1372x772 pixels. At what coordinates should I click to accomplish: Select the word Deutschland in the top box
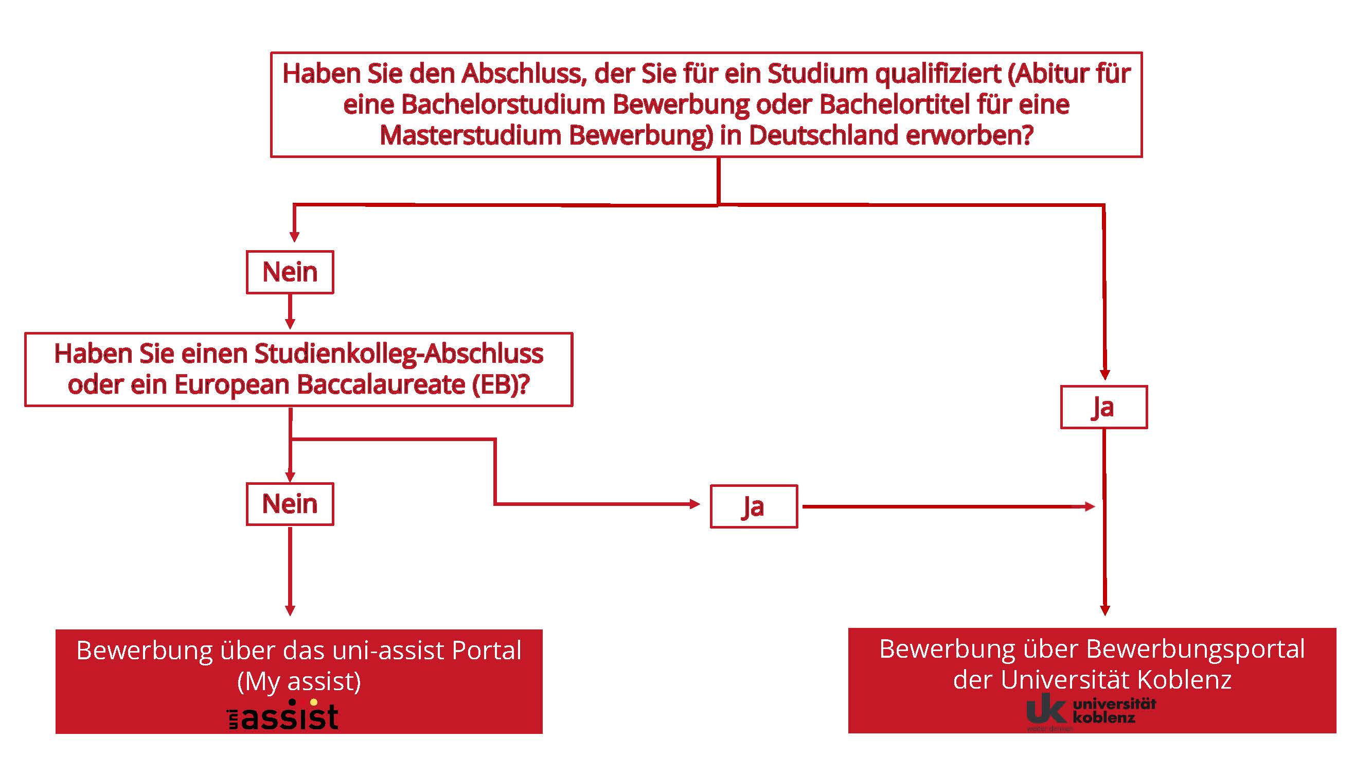pyautogui.click(x=824, y=135)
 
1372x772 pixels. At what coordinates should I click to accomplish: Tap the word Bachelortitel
pyautogui.click(x=894, y=104)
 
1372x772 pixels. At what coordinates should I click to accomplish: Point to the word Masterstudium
pyautogui.click(x=470, y=135)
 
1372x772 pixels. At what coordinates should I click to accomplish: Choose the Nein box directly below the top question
pyautogui.click(x=290, y=272)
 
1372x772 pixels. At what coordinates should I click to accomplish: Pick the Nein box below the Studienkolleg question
pyautogui.click(x=290, y=504)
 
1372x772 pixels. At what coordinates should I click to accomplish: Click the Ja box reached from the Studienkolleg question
pyautogui.click(x=754, y=506)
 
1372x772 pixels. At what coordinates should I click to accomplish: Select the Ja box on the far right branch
pyautogui.click(x=1103, y=407)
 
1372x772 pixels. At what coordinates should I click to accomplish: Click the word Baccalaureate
pyautogui.click(x=381, y=384)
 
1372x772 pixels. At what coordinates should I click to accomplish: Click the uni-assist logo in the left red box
pyautogui.click(x=282, y=714)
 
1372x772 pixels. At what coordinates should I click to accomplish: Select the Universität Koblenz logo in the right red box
pyautogui.click(x=1091, y=712)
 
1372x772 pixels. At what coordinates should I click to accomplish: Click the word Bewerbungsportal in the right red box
pyautogui.click(x=1195, y=650)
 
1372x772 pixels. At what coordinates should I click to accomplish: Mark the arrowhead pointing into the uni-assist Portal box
pyautogui.click(x=290, y=610)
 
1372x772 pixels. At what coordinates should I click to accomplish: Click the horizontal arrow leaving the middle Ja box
pyautogui.click(x=949, y=506)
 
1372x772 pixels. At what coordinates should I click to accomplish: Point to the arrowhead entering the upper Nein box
pyautogui.click(x=294, y=237)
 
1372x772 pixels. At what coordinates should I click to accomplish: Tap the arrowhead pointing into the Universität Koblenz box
pyautogui.click(x=1104, y=610)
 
